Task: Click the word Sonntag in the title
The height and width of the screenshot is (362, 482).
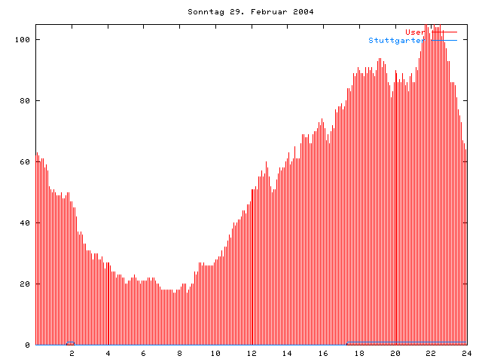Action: (205, 12)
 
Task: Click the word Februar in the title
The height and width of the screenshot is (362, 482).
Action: (264, 12)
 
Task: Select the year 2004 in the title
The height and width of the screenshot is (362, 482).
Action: (304, 12)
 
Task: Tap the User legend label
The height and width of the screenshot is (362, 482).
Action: (414, 32)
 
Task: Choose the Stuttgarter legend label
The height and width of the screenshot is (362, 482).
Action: (396, 40)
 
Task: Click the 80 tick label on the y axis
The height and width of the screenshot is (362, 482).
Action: (25, 100)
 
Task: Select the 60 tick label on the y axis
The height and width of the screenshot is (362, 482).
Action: (25, 161)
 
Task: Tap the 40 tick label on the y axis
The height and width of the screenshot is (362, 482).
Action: (25, 222)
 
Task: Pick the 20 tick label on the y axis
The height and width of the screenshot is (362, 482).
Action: (25, 284)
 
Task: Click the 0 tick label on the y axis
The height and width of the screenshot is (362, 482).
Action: (27, 345)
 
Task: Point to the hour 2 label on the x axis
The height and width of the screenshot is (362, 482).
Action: (72, 353)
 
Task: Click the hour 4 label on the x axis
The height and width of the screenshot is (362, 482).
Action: (108, 353)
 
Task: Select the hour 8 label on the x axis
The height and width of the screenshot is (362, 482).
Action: (180, 353)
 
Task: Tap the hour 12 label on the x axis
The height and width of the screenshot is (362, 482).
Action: (252, 353)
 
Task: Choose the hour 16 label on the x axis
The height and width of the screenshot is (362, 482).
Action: (323, 353)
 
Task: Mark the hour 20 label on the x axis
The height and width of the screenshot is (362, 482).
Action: (395, 353)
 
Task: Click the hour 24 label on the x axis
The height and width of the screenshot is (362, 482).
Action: (467, 353)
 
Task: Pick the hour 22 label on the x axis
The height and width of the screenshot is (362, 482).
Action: (431, 353)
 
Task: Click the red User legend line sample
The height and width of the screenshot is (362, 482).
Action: (442, 32)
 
